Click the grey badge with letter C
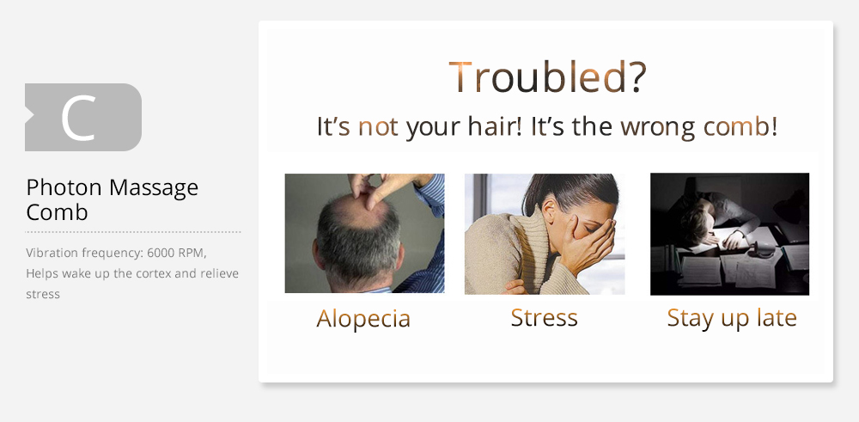[83, 117]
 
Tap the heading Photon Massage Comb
[112, 199]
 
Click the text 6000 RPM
[176, 253]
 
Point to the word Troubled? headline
[547, 77]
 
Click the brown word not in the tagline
[378, 127]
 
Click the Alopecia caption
[363, 318]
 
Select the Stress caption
[544, 318]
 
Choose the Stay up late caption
[732, 318]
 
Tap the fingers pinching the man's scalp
[373, 189]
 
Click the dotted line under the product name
[133, 232]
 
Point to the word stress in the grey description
[43, 294]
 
